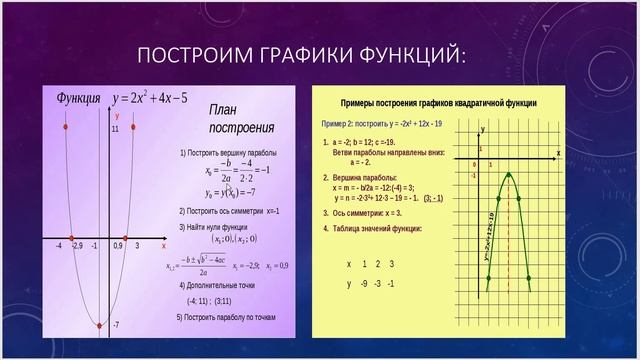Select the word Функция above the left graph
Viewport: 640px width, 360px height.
coord(78,98)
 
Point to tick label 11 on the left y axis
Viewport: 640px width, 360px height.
coord(115,129)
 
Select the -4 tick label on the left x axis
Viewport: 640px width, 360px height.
coord(59,245)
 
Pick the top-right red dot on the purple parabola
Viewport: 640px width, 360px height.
coord(133,128)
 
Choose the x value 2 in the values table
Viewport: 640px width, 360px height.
coord(377,264)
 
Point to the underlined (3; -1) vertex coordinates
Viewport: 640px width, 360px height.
coord(432,198)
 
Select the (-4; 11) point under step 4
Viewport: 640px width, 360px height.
coord(197,300)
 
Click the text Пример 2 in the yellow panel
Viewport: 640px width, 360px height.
coord(340,123)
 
